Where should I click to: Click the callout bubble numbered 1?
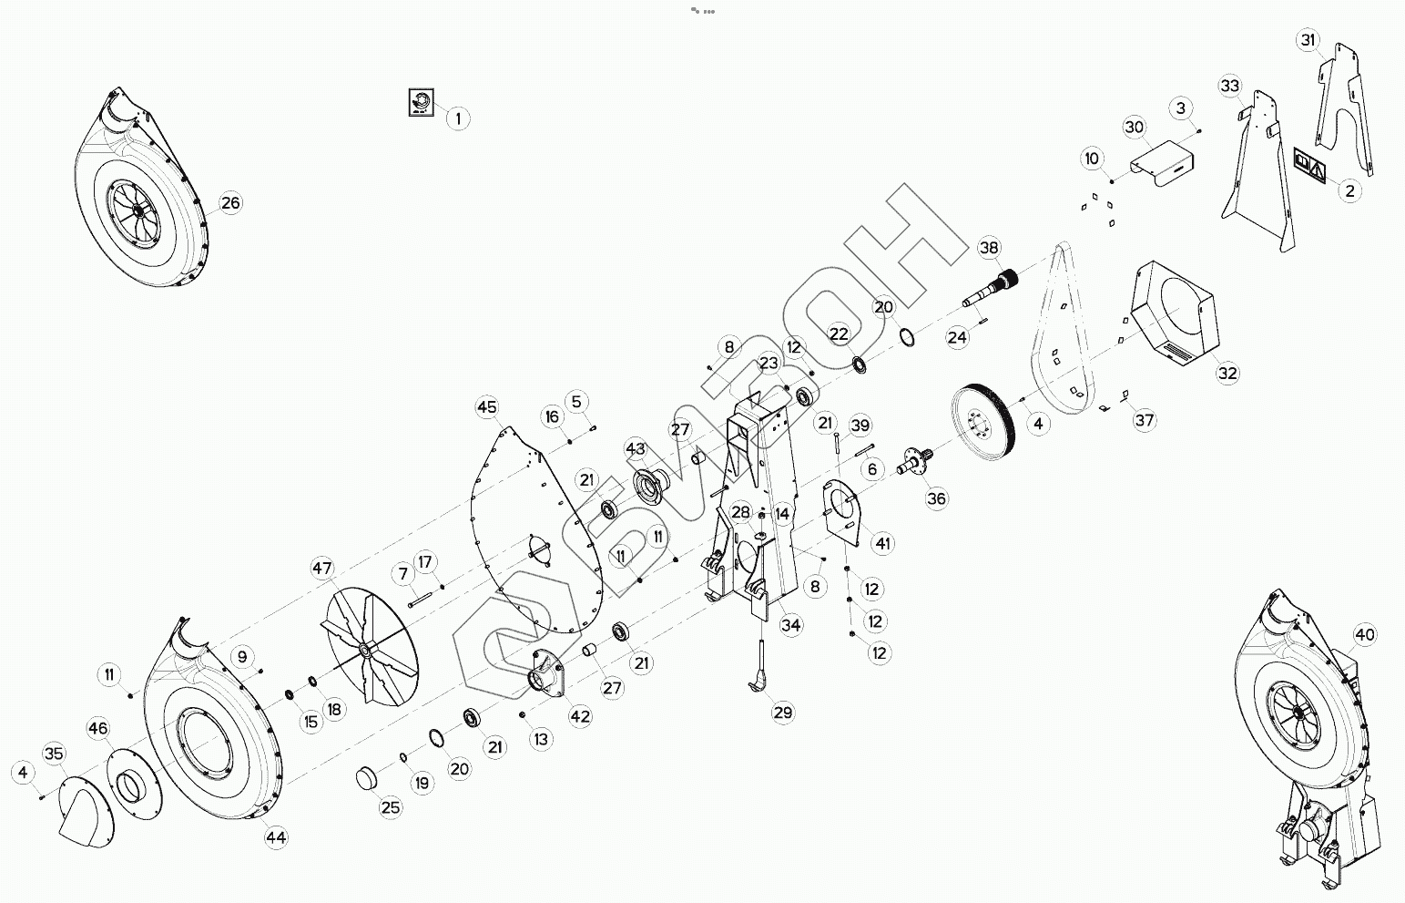(x=457, y=118)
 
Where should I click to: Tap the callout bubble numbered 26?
(x=230, y=202)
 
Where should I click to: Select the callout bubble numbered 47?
(x=322, y=569)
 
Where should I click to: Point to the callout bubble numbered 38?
(x=989, y=248)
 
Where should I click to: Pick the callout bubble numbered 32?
(x=1227, y=373)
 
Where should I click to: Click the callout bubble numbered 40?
(x=1365, y=635)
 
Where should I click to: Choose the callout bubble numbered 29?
(x=783, y=713)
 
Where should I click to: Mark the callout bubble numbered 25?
(x=390, y=807)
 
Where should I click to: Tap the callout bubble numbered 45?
(x=487, y=406)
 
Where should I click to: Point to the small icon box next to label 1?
(x=421, y=102)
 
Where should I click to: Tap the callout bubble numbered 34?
(x=791, y=624)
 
